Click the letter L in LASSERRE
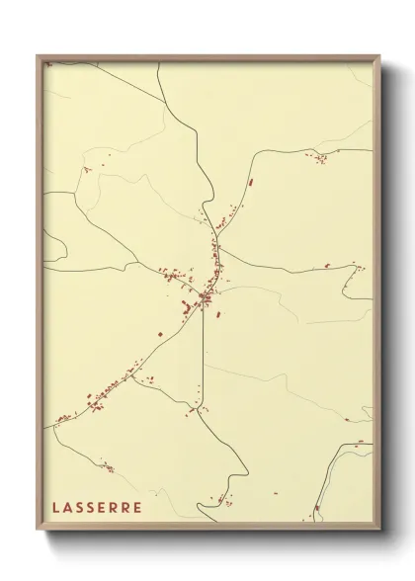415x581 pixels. (55, 507)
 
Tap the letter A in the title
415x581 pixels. (67, 507)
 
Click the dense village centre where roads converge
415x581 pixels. (204, 295)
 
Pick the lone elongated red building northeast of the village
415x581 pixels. (251, 183)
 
